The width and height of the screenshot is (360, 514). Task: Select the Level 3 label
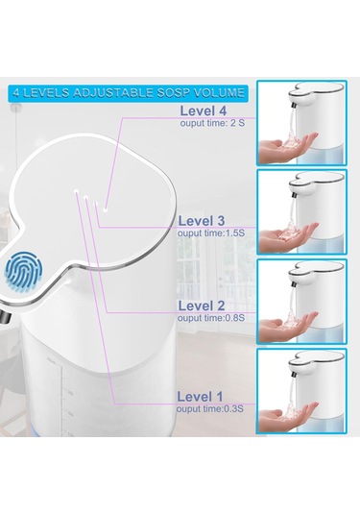(202, 220)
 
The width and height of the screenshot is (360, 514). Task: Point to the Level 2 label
(202, 305)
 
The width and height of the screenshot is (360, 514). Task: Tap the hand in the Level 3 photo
(294, 236)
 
